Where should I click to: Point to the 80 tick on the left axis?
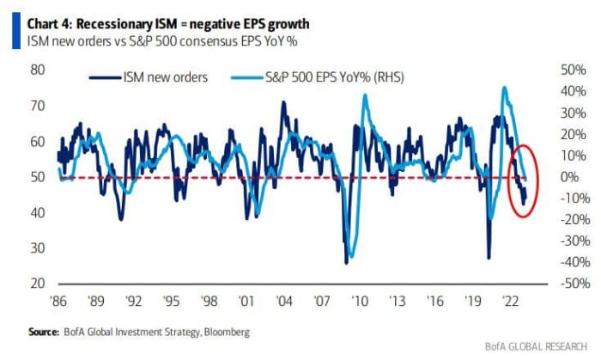[38, 70]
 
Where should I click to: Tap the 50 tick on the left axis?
[38, 177]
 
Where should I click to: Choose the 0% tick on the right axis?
[567, 177]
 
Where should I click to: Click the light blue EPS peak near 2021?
[505, 88]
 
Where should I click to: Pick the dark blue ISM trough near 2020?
[489, 256]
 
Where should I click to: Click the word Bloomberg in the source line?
[224, 332]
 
